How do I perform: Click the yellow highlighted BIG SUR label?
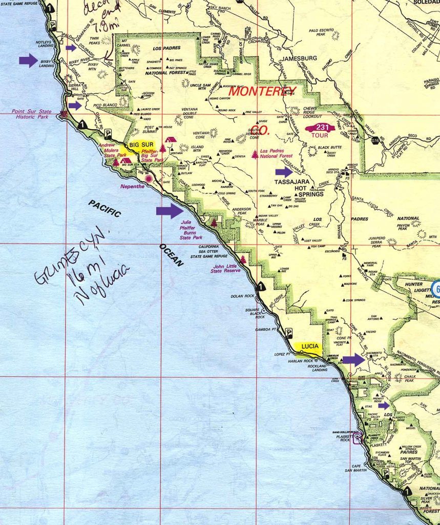coord(141,145)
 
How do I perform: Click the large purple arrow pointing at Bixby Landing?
coord(28,60)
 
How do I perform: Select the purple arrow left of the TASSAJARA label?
coord(284,172)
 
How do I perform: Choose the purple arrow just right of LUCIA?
coord(354,359)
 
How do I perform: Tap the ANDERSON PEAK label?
coord(241,212)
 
